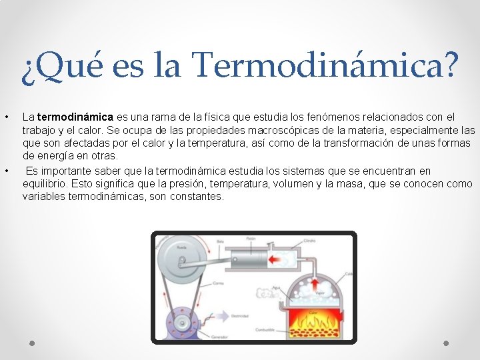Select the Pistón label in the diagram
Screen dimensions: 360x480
tap(251, 239)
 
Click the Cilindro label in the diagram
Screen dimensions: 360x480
tap(309, 241)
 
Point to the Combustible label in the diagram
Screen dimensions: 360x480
tap(265, 330)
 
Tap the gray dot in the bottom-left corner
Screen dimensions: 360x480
tap(33, 343)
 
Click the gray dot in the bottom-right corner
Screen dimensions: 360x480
tap(446, 343)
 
